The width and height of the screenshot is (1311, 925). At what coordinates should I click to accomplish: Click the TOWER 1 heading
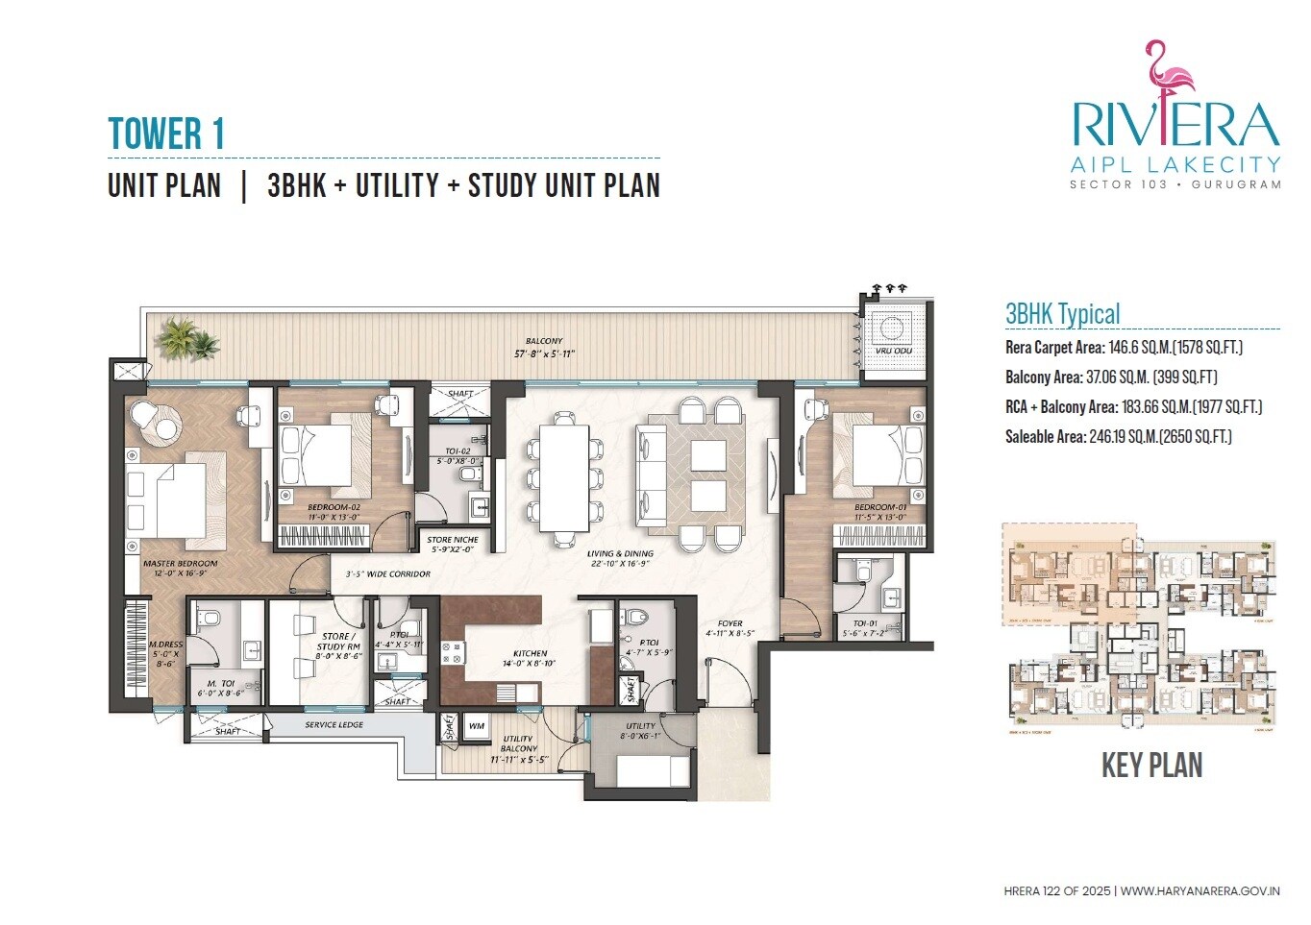(x=166, y=134)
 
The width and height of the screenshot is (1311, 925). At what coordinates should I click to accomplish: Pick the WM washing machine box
(x=477, y=726)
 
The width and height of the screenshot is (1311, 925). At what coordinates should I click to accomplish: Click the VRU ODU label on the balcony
(x=893, y=351)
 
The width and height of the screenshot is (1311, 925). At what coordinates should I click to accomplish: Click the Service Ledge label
(x=334, y=724)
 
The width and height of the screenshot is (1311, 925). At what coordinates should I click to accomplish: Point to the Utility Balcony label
(x=518, y=743)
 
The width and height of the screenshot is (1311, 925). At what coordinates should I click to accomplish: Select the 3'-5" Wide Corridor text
(x=387, y=573)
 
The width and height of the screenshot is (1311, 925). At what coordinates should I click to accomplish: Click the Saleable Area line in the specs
(x=1118, y=437)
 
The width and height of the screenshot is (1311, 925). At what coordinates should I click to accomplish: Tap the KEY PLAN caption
(x=1151, y=766)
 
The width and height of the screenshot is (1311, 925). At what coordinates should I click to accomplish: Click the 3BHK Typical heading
(x=1062, y=314)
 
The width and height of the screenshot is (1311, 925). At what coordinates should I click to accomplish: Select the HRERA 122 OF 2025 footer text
(x=1056, y=891)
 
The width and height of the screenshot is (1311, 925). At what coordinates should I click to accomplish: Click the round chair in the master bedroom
(x=144, y=415)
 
